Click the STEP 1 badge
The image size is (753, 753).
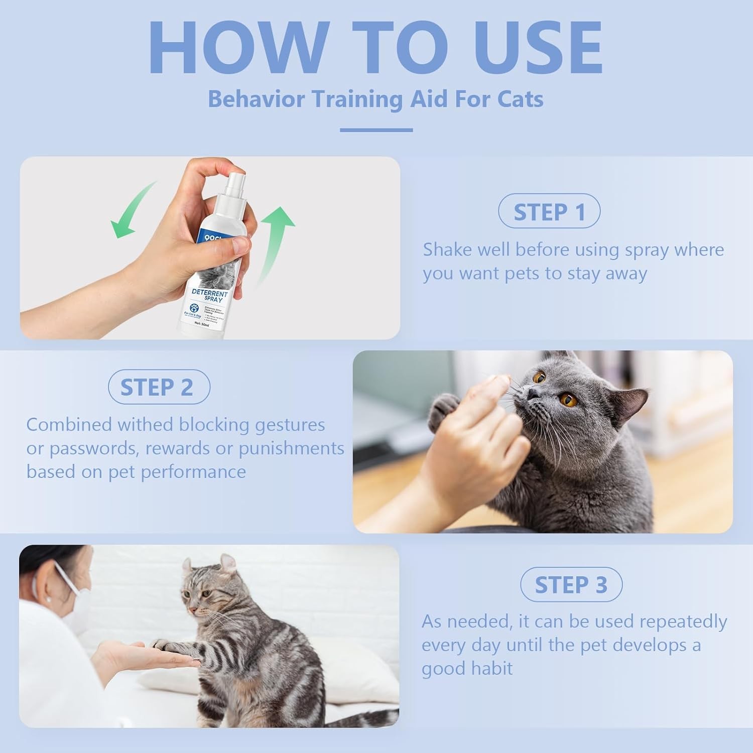tap(549, 212)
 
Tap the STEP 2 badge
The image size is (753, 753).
tap(159, 387)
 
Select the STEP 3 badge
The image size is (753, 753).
tap(571, 585)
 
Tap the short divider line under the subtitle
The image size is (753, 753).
tap(376, 130)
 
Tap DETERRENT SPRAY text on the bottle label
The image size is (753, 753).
tap(210, 296)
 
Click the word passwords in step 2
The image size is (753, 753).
tap(92, 448)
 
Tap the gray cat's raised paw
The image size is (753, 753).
tap(445, 407)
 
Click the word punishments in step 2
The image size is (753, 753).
tap(291, 448)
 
